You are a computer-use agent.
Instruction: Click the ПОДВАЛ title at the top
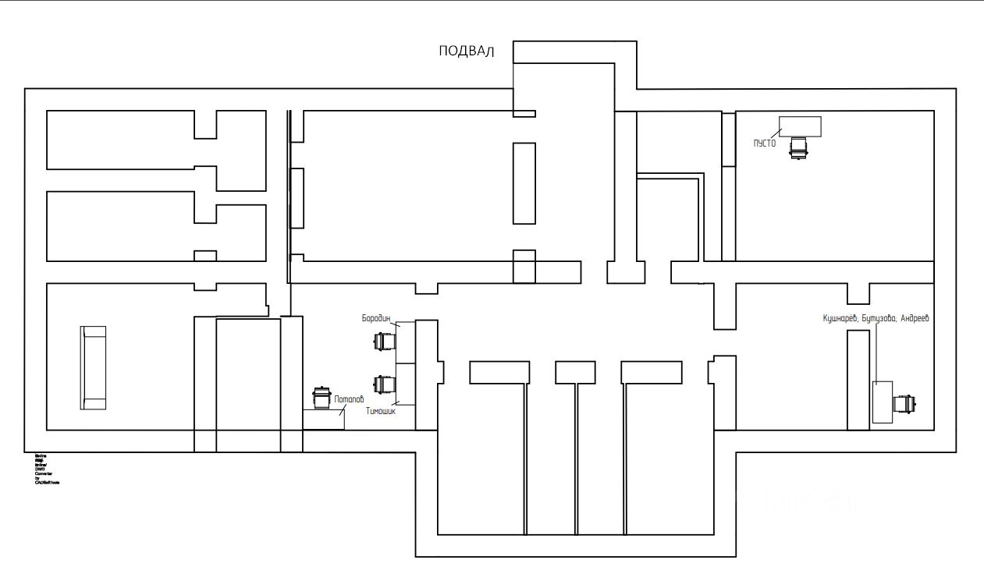pos(467,52)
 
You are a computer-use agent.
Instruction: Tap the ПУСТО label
pos(764,143)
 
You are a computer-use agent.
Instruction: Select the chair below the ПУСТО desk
pos(798,147)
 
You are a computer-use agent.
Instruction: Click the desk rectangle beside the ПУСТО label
pos(800,126)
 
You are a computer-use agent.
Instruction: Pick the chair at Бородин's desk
pos(383,342)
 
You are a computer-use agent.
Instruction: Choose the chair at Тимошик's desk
pos(383,384)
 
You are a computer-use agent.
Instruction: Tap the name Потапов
pos(349,400)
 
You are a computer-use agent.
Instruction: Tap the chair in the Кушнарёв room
pos(904,404)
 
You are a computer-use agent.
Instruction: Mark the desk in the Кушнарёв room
pos(882,402)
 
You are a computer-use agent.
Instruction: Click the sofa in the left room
pos(94,368)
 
